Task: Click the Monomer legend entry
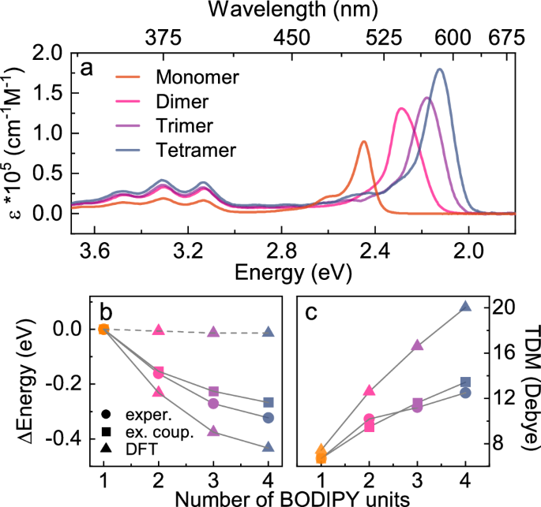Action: (197, 77)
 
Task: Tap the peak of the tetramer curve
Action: (439, 69)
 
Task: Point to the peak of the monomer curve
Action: (363, 142)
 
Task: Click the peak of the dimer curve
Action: (401, 109)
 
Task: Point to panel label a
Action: (87, 68)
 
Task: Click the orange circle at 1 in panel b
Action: (103, 329)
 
